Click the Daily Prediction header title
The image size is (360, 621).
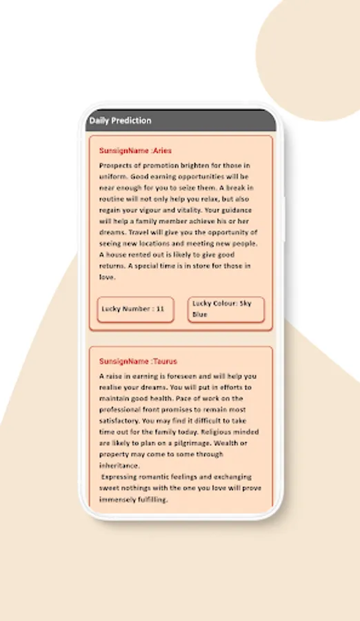[120, 121]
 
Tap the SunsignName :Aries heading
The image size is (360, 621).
[135, 150]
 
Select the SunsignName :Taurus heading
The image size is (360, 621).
[138, 361]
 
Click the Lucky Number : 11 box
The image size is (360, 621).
[135, 309]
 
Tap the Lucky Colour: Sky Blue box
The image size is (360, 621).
[226, 309]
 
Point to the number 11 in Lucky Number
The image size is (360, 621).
[160, 309]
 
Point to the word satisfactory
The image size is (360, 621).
[119, 421]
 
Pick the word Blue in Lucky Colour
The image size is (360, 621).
[199, 315]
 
